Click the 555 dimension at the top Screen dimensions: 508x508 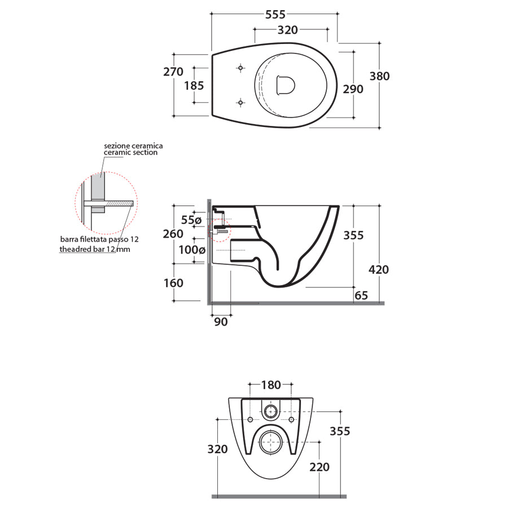click(x=275, y=15)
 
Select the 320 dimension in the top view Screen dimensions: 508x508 click(x=287, y=30)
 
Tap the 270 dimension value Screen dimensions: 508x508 click(x=173, y=72)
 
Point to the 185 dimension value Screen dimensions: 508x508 click(x=193, y=86)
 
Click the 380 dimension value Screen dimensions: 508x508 click(x=379, y=76)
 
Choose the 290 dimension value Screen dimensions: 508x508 click(x=353, y=89)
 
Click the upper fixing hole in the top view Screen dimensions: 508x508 click(x=241, y=68)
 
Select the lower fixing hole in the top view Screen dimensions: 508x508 click(x=241, y=103)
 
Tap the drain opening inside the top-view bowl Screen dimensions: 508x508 click(x=286, y=85)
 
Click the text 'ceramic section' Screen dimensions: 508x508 click(x=131, y=152)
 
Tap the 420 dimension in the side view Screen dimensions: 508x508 click(x=378, y=270)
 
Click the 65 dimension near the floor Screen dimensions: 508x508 click(x=361, y=295)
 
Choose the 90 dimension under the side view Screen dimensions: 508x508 click(x=221, y=322)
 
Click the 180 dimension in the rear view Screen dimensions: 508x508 click(x=271, y=385)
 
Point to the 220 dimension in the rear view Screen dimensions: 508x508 click(x=319, y=467)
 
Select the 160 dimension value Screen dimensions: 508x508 click(x=173, y=283)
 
